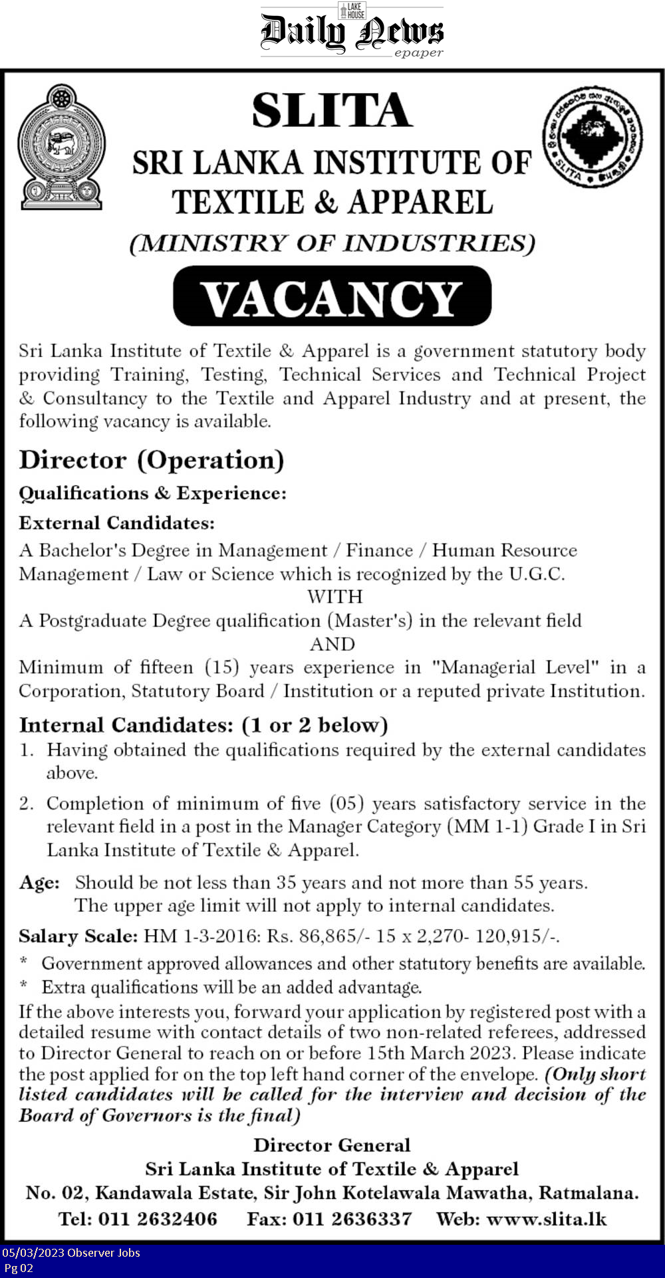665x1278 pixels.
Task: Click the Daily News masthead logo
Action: point(352,31)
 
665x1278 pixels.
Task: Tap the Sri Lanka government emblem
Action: point(61,147)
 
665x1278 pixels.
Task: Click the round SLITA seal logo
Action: point(593,136)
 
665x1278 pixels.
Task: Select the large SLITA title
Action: point(332,110)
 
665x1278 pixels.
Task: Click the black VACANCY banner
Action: point(332,296)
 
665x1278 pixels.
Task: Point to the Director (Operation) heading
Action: point(152,460)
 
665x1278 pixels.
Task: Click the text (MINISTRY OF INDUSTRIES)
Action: point(332,243)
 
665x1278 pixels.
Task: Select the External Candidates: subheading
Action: point(117,523)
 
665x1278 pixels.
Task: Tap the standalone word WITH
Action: point(334,597)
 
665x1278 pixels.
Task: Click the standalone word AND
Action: point(332,644)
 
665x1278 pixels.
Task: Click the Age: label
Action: point(39,883)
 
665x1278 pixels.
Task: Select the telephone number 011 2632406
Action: point(158,1219)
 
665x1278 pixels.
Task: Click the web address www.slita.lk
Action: point(547,1219)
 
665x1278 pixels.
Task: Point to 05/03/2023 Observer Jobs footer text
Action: point(70,1253)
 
